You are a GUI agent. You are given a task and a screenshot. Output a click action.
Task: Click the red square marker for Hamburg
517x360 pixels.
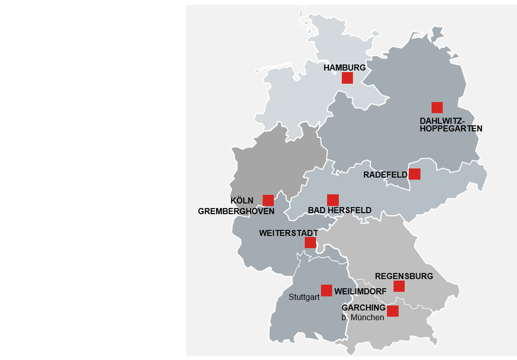coord(347,78)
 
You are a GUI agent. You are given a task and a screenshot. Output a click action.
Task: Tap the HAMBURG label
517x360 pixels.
coord(344,68)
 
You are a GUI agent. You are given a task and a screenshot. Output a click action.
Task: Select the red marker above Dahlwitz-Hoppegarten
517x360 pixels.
coord(437,108)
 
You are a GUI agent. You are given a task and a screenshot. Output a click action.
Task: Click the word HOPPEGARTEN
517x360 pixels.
coord(451,128)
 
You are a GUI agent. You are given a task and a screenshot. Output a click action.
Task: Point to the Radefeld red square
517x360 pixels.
coord(414,174)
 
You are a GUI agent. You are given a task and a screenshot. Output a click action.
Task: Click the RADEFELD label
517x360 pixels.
coord(385,175)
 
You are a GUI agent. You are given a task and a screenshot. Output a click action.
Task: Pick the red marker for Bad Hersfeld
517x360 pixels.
coord(333,200)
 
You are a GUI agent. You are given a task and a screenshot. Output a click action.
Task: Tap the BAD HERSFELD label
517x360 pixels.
coord(339,210)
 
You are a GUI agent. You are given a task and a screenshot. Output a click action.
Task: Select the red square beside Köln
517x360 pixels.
coord(268,201)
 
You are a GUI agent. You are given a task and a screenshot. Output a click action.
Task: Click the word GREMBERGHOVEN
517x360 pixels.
coord(236,211)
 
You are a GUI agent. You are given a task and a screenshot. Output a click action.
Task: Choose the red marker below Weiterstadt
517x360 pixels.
coord(310,243)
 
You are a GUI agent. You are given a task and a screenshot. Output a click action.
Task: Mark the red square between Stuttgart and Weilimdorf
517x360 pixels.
coord(326,290)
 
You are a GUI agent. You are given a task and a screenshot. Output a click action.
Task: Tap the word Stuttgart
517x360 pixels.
coord(304,297)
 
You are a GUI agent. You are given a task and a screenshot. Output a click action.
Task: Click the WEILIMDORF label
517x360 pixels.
coord(360,292)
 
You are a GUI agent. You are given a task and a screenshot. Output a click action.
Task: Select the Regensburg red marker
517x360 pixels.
coord(399,286)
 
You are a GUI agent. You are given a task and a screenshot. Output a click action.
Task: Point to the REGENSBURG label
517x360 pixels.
coord(404,276)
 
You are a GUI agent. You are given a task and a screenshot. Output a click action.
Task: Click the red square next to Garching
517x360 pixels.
coord(392,311)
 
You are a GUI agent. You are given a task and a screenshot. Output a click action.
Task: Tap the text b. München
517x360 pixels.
coord(362,318)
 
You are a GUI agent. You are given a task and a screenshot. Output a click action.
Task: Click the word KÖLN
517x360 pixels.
coord(242,201)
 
